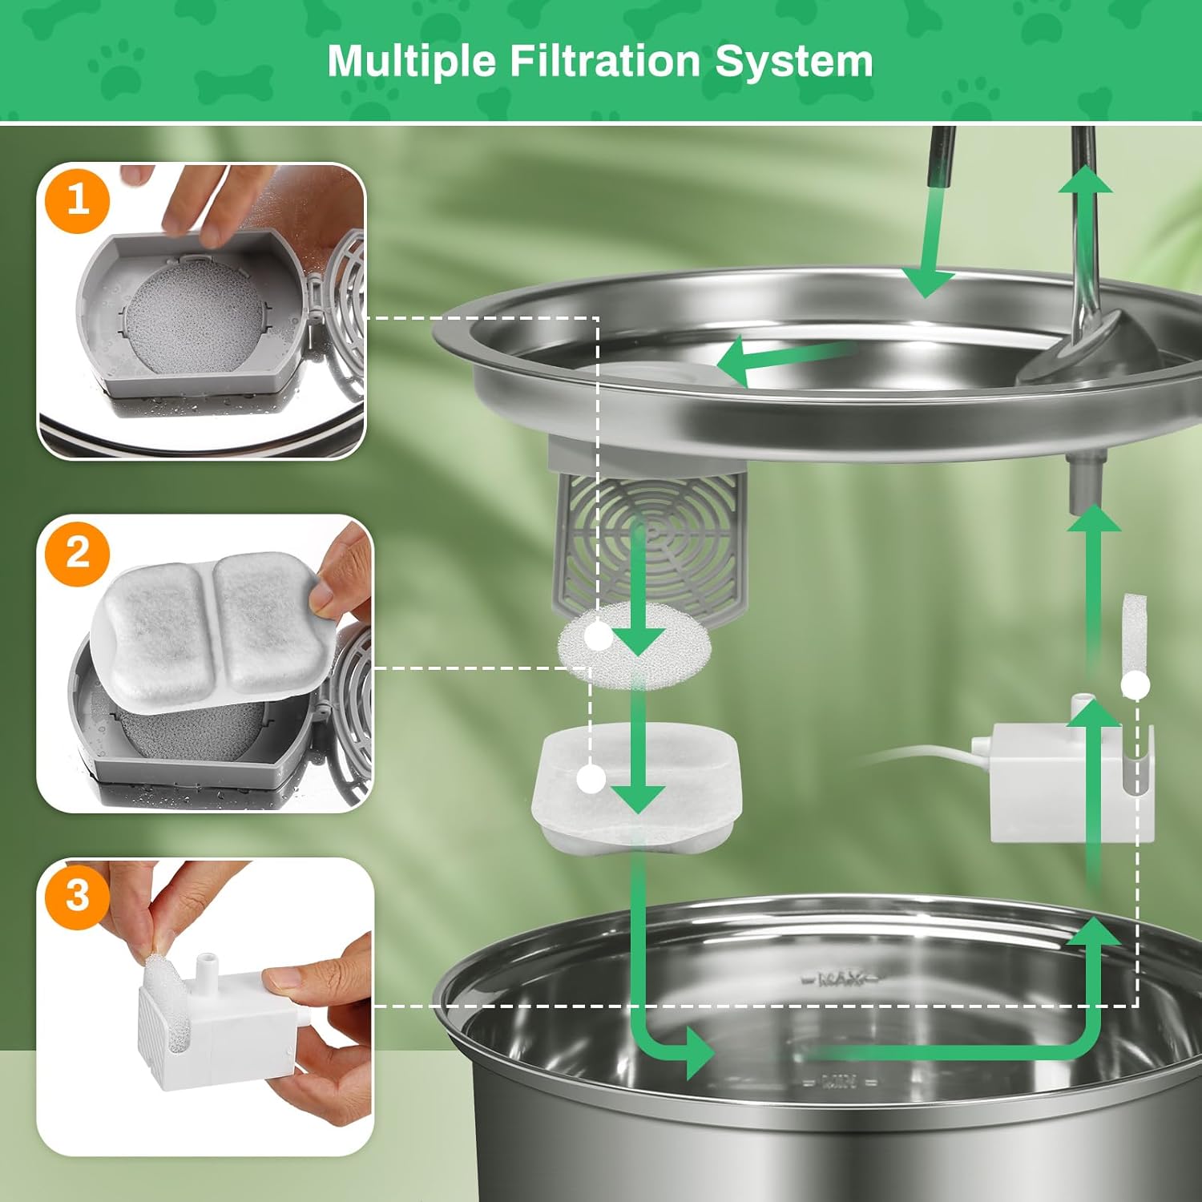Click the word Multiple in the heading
[x=411, y=62]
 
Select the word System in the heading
[x=793, y=62]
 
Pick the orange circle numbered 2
[x=78, y=553]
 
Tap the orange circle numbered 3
[x=78, y=895]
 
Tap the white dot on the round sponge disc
[x=598, y=636]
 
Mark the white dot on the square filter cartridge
[x=591, y=778]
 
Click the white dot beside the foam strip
[x=1135, y=685]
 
